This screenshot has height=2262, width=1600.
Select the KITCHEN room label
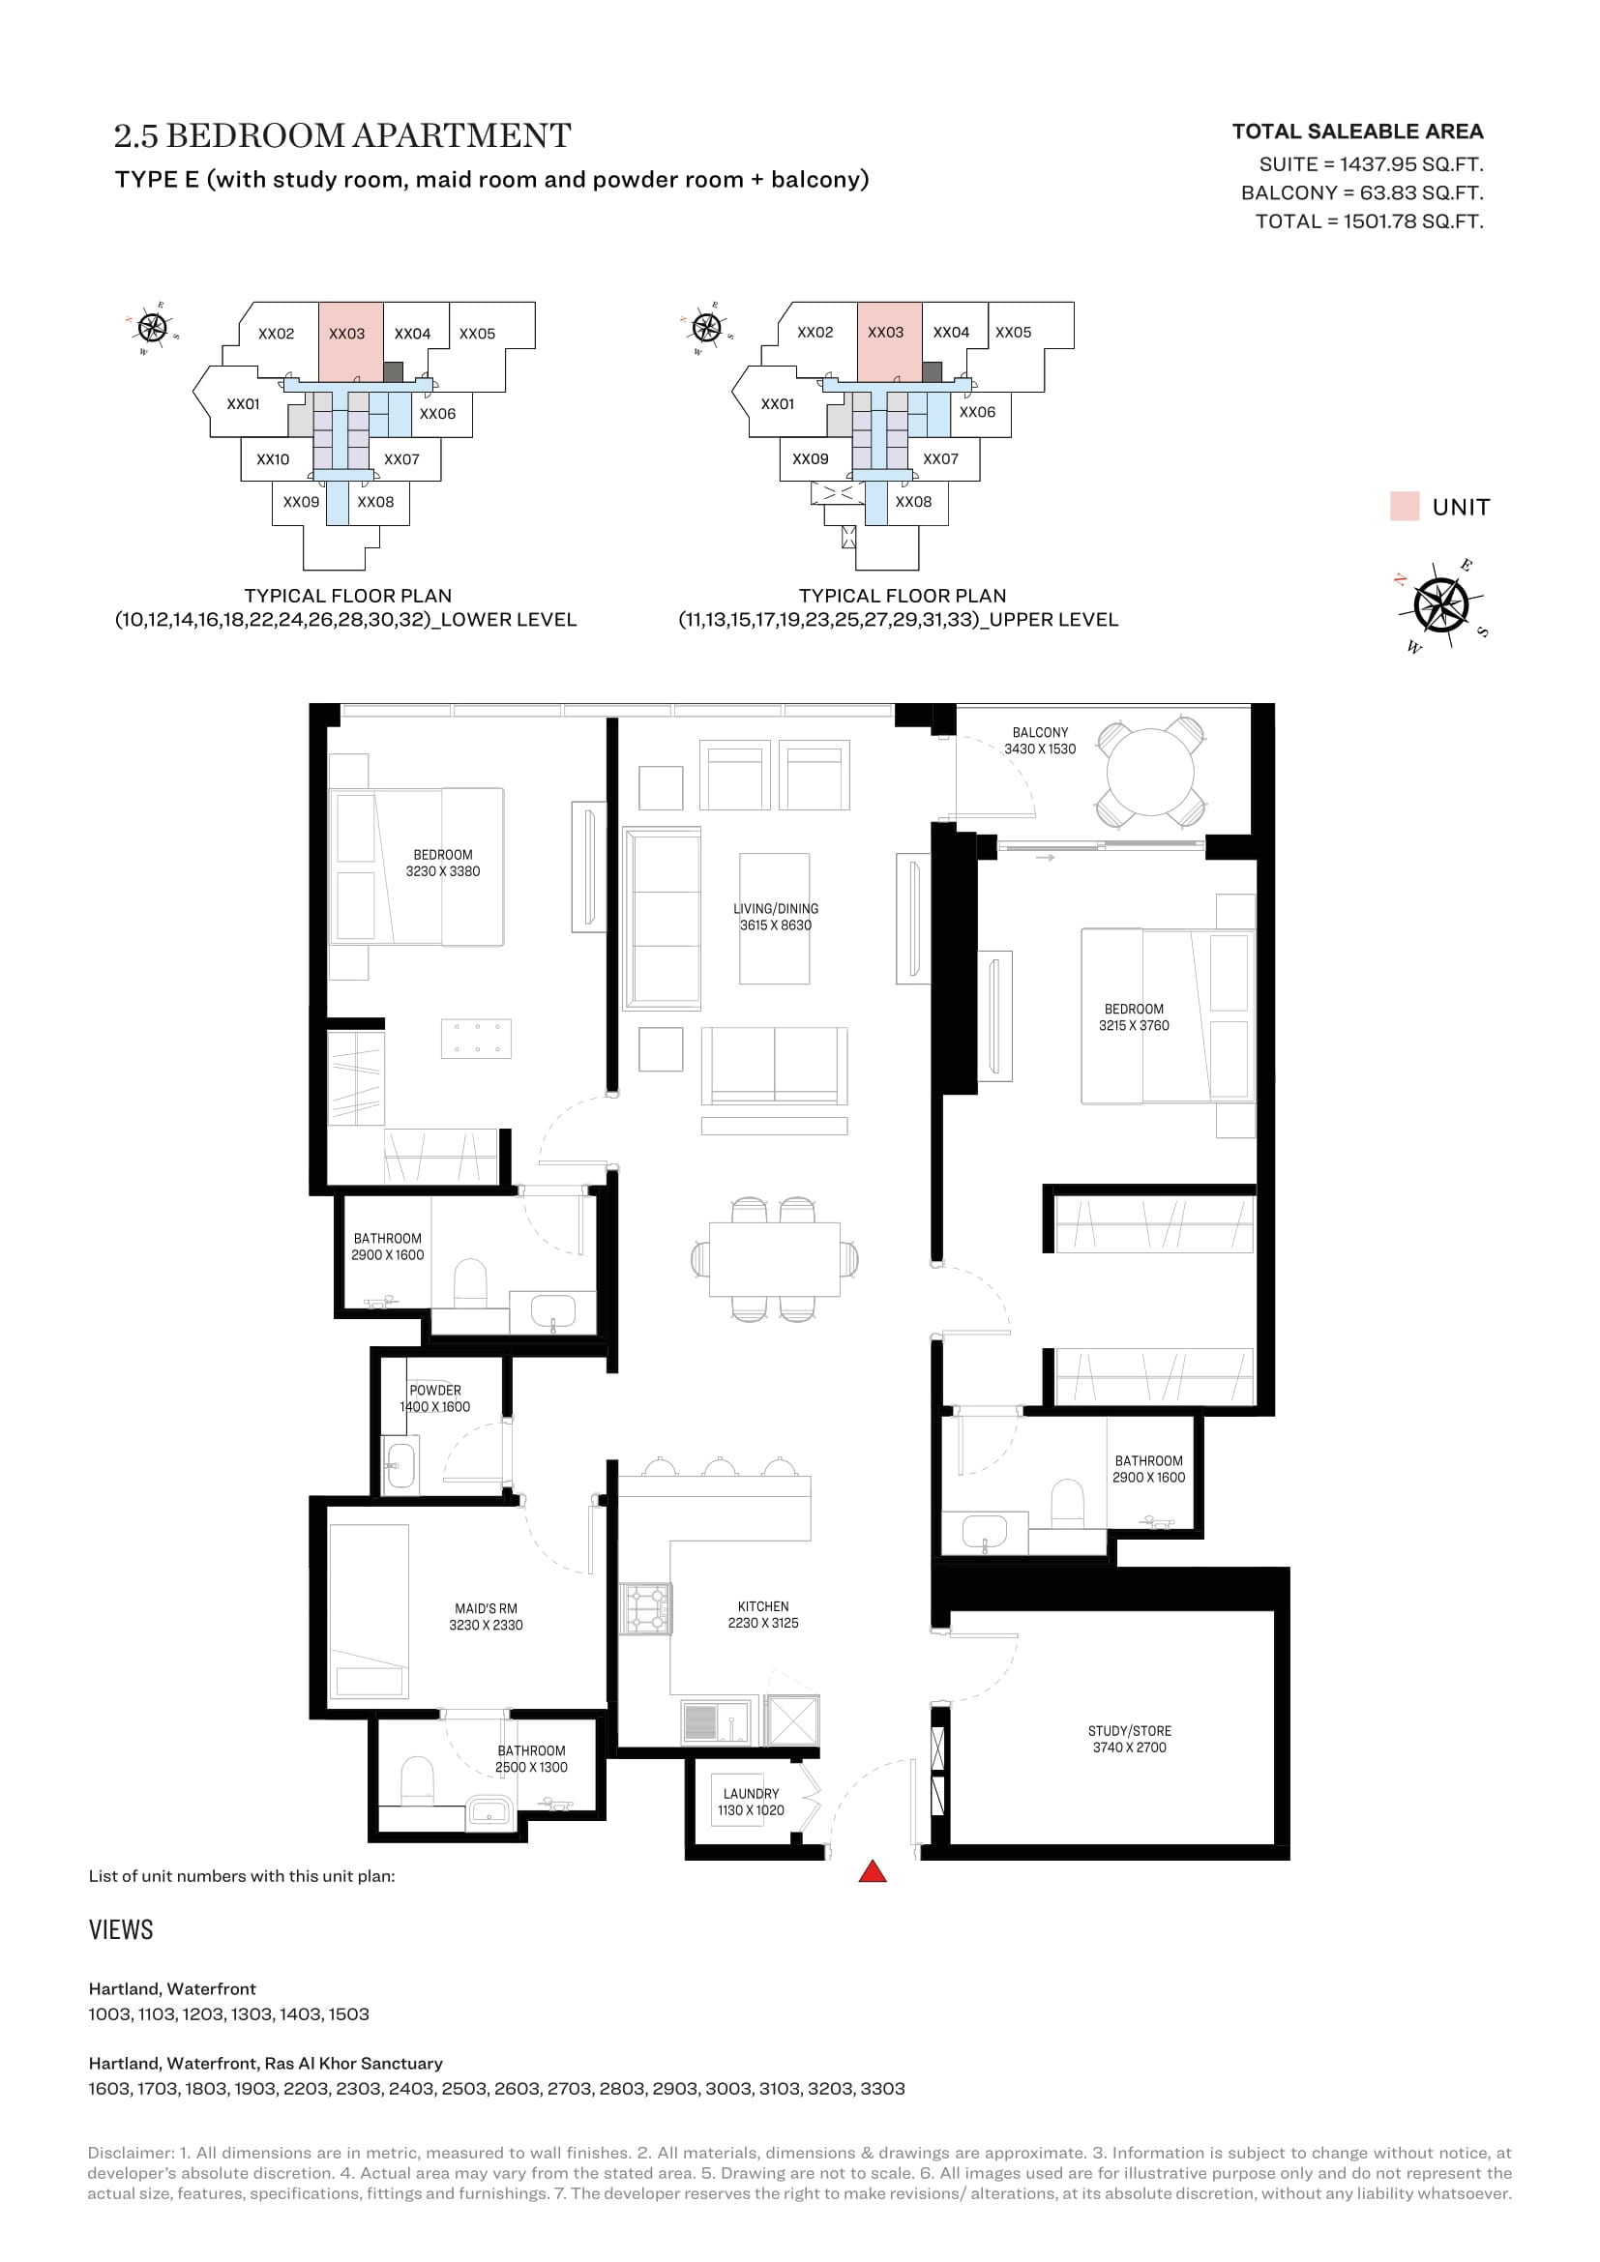762,1606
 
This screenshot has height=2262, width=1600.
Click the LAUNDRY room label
751,1793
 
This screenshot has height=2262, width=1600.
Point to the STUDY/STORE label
1129,1730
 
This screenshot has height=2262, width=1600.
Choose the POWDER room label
434,1390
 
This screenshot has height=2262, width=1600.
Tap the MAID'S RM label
486,1608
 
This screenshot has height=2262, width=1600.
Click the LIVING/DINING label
776,908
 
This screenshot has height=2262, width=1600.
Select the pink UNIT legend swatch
1404,507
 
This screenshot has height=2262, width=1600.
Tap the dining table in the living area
775,1259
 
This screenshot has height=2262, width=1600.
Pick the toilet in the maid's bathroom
418,1780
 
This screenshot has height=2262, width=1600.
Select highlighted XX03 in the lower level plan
347,334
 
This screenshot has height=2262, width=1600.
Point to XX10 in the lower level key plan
273,459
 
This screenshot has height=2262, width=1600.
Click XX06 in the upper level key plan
977,412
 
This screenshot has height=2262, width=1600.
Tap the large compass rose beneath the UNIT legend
1440,604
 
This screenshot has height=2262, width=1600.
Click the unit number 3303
883,2088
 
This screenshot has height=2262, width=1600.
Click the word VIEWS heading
121,1929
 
